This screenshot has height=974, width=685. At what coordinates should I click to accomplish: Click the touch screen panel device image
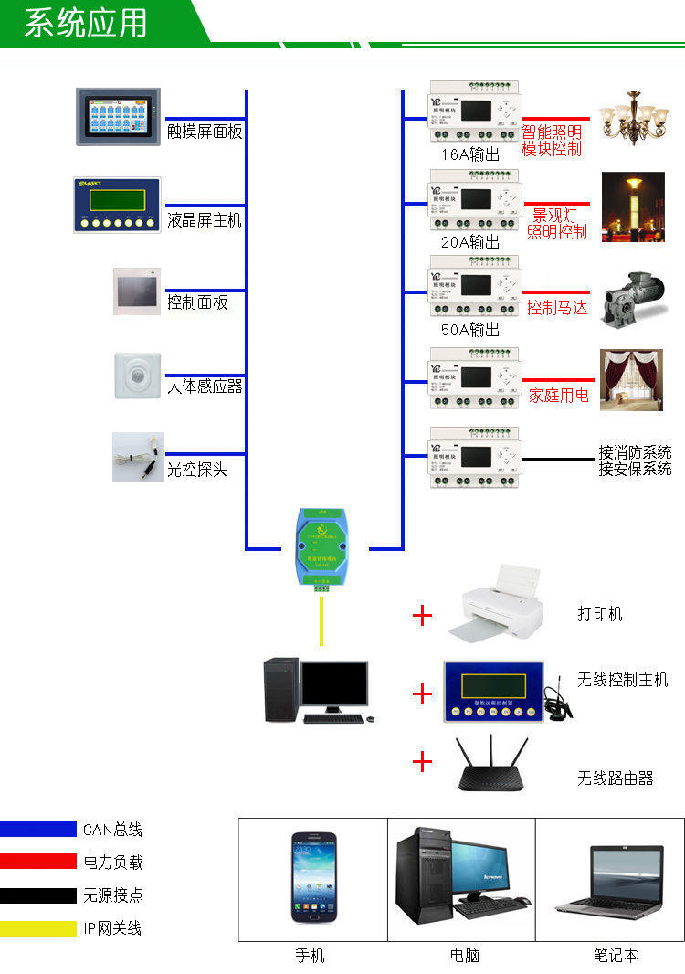118,117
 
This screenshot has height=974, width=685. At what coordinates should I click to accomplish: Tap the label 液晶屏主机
205,220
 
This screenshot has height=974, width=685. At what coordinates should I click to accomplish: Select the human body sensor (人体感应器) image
137,376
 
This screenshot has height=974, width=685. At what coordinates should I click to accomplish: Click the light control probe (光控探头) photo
138,457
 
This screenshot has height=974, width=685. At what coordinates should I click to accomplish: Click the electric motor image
632,298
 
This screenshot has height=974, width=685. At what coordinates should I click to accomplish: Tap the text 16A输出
470,154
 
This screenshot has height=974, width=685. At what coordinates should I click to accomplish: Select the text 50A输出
470,330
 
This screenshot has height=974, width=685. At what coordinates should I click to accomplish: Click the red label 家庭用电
558,396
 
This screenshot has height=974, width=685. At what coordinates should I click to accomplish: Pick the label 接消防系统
635,452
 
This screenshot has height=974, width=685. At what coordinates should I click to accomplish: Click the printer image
498,604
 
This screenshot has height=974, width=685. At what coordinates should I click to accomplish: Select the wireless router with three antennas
492,765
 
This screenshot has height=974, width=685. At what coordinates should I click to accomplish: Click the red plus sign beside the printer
422,615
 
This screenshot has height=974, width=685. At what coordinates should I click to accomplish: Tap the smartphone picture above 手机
312,877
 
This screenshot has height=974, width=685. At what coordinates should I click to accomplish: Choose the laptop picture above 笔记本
612,880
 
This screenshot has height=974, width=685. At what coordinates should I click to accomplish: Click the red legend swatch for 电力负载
38,862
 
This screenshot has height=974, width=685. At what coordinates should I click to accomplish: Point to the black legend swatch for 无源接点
38,895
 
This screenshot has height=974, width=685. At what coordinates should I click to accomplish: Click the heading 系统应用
86,23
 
